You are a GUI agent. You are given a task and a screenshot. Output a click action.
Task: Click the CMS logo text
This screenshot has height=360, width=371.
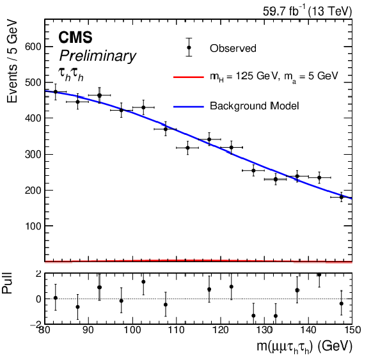click(x=75, y=37)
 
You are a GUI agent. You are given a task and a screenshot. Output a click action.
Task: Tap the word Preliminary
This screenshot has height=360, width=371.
click(x=97, y=56)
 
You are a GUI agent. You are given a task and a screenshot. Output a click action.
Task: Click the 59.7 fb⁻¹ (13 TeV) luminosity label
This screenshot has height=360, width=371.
click(x=307, y=12)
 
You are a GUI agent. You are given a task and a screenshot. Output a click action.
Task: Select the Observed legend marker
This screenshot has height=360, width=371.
click(x=189, y=47)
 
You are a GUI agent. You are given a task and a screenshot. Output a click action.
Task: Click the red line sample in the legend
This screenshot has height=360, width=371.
click(x=189, y=77)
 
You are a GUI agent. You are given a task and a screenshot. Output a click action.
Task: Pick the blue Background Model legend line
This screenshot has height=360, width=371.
click(x=189, y=107)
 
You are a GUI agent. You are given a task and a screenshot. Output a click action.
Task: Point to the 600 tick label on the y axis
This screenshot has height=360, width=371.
click(x=33, y=47)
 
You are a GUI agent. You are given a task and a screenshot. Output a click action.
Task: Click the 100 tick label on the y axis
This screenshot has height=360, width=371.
click(x=33, y=226)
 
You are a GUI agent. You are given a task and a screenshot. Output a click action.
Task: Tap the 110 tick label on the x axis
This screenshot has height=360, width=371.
click(x=177, y=329)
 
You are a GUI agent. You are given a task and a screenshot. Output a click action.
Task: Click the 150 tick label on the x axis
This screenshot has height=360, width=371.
click(x=352, y=329)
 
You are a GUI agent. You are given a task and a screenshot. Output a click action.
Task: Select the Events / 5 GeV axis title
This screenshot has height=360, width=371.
click(x=12, y=62)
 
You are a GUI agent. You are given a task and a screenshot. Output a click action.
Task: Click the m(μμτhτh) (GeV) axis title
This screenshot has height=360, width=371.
click(x=304, y=347)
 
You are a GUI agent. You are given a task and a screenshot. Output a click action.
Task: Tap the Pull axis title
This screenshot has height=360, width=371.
click(x=7, y=283)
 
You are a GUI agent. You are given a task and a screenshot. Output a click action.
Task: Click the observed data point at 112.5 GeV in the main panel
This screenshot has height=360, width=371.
click(x=187, y=148)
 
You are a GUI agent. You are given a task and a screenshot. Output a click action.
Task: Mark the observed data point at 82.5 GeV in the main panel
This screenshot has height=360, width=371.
click(x=56, y=92)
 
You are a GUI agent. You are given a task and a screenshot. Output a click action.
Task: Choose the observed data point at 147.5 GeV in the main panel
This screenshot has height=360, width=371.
click(x=341, y=197)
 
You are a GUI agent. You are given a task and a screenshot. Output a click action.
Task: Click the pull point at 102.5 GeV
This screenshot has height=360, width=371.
click(x=143, y=282)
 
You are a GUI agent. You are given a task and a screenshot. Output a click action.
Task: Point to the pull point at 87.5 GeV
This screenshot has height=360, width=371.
click(x=77, y=307)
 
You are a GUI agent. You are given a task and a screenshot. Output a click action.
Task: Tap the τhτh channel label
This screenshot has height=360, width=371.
click(x=71, y=74)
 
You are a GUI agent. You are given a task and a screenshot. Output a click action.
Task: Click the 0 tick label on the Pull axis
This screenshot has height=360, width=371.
click(x=39, y=299)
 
